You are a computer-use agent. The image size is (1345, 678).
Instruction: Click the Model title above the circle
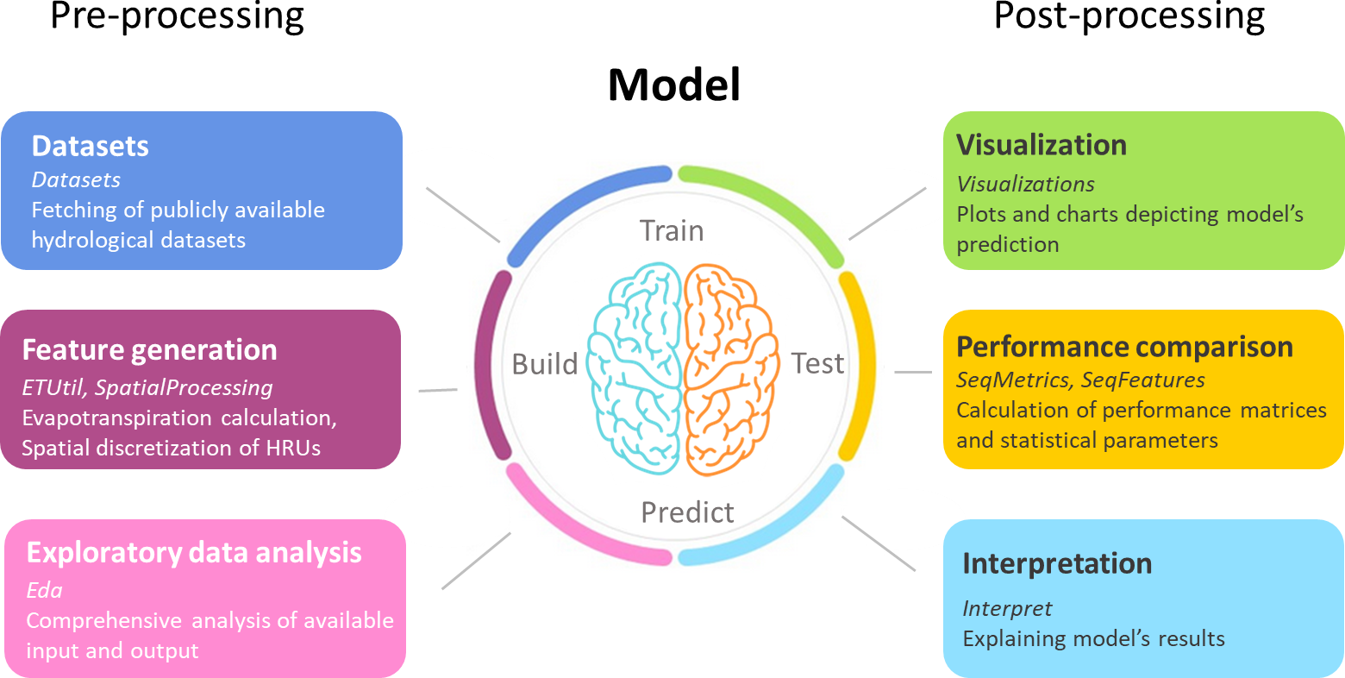click(x=673, y=85)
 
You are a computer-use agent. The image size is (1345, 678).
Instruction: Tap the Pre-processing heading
click(x=177, y=16)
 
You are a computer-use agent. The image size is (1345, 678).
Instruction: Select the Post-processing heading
click(x=1129, y=16)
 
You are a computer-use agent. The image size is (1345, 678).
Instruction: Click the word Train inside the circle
click(x=672, y=231)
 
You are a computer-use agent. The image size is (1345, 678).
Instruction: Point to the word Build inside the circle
click(x=544, y=364)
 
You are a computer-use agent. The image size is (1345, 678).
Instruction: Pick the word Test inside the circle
click(x=817, y=364)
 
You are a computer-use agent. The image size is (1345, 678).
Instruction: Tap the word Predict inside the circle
click(x=687, y=512)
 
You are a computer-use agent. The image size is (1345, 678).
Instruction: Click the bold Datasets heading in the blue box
click(x=91, y=147)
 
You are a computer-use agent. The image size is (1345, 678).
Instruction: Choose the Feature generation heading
click(x=149, y=350)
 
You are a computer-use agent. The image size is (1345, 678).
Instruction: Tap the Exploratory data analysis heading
click(x=194, y=553)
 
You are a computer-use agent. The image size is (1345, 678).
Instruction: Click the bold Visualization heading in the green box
click(x=1042, y=145)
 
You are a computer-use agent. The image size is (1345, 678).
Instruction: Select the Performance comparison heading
click(x=1124, y=347)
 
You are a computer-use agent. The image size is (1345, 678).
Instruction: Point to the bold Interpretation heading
click(x=1057, y=563)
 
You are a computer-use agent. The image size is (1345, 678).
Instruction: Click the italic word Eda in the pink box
click(x=44, y=591)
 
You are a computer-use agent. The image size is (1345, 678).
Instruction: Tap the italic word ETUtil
click(x=53, y=388)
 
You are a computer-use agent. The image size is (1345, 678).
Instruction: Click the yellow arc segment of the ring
click(x=859, y=367)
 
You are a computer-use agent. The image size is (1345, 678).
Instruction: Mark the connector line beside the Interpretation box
click(x=878, y=543)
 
